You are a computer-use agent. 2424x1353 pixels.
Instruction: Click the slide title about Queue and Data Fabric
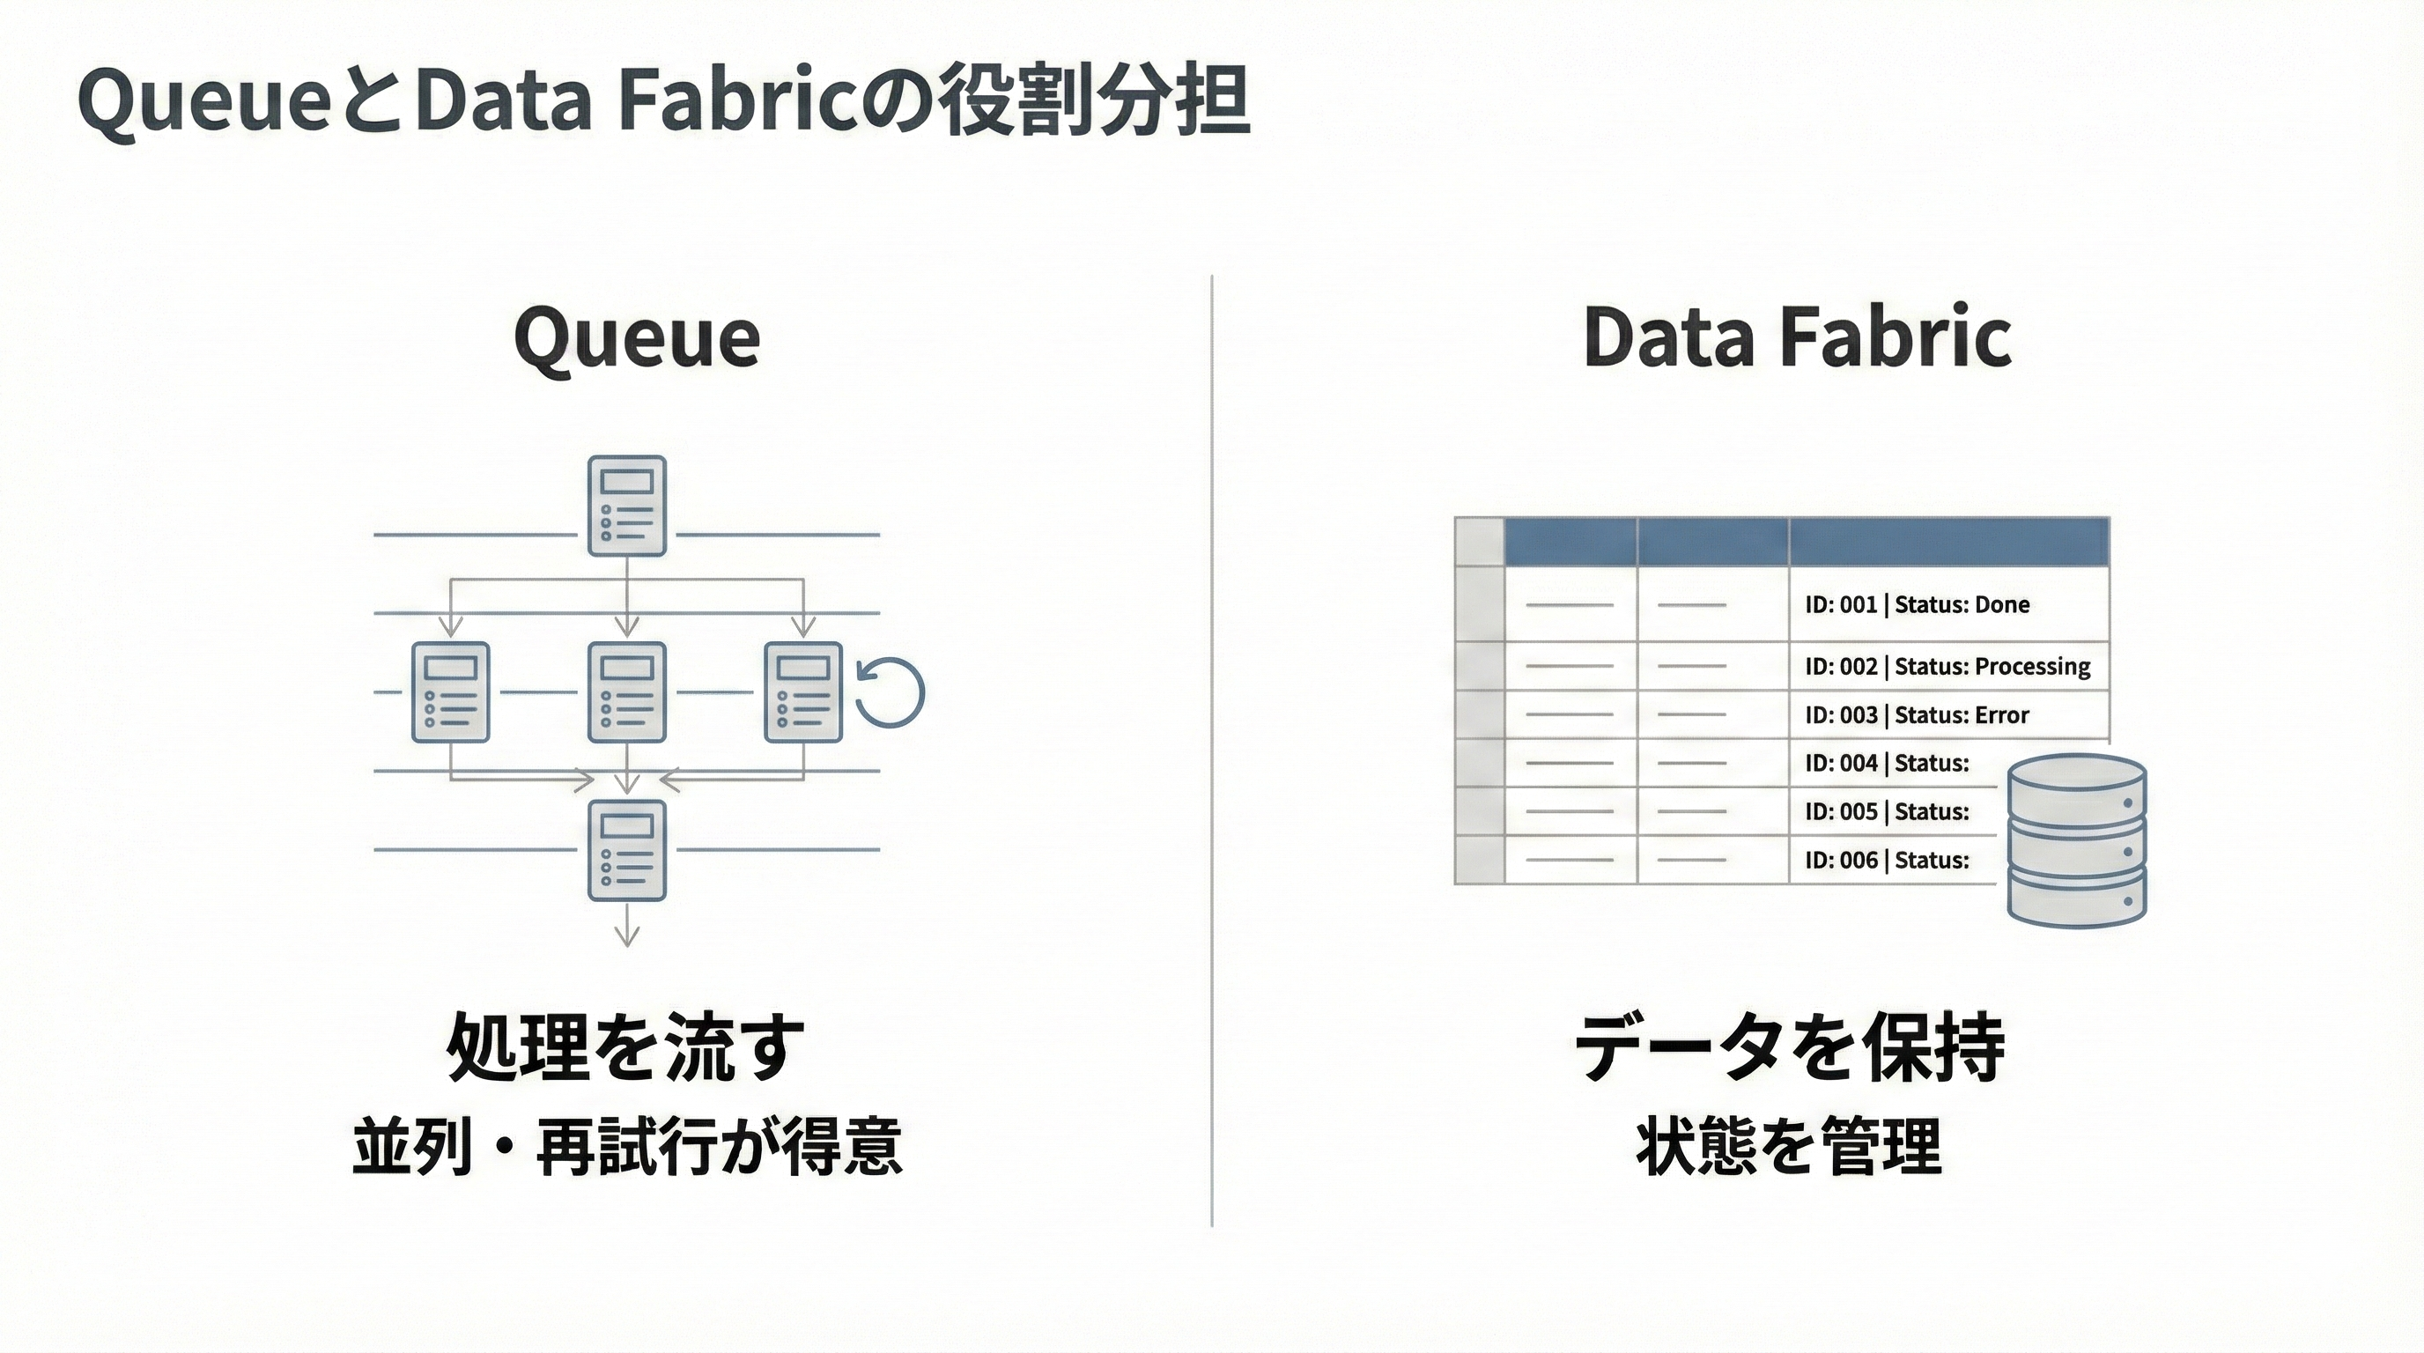coord(663,101)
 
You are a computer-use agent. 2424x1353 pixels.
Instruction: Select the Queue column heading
coord(637,336)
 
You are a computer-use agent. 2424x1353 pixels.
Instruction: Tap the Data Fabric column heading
coord(1797,336)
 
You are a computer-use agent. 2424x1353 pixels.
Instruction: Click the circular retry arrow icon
coord(891,692)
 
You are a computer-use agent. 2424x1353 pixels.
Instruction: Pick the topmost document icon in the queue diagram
coord(627,506)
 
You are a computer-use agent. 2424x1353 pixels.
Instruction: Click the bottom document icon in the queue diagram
coord(627,851)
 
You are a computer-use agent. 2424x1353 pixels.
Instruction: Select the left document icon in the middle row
coord(451,692)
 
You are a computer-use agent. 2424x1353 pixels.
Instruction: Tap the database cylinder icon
coord(2076,840)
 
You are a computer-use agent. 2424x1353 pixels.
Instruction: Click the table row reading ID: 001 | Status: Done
coord(1916,605)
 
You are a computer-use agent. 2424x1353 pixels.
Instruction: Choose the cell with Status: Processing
coord(1946,667)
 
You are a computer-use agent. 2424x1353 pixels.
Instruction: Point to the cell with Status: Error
coord(1916,715)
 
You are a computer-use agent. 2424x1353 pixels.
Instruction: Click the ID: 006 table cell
coord(1886,860)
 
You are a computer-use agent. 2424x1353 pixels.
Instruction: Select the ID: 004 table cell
coord(1886,763)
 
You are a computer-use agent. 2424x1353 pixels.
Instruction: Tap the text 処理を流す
coord(625,1047)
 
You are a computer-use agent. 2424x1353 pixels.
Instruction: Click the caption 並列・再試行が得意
coord(628,1147)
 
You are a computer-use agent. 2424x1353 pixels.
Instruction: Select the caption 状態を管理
coord(1789,1147)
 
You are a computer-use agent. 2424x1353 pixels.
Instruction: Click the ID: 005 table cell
coord(1886,812)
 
